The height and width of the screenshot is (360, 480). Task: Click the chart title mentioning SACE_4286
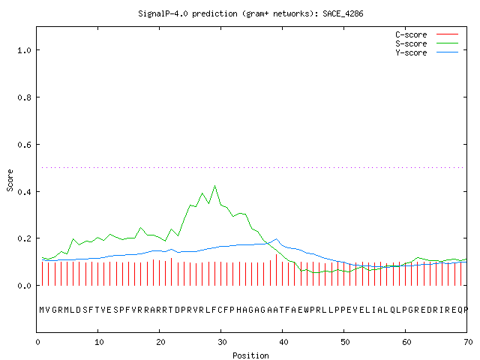(x=250, y=13)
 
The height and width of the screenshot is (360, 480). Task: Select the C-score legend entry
(x=427, y=34)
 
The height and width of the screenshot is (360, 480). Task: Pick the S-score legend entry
(x=427, y=43)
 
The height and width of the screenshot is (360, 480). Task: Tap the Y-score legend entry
(x=427, y=52)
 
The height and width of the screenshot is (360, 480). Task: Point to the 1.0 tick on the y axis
(x=24, y=50)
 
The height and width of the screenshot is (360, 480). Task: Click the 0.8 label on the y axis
(x=24, y=97)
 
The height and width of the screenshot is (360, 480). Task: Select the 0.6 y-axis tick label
(x=24, y=145)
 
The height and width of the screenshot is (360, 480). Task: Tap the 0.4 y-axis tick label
(x=24, y=192)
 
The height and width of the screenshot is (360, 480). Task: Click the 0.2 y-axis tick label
(x=24, y=238)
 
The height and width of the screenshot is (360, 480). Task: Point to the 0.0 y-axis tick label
(x=24, y=286)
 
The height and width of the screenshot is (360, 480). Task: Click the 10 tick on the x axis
(x=99, y=342)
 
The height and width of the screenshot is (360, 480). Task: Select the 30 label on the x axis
(x=222, y=342)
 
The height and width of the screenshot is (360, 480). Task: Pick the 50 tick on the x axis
(x=345, y=342)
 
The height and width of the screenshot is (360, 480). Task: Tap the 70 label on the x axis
(x=468, y=342)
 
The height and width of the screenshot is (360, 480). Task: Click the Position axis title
(x=250, y=355)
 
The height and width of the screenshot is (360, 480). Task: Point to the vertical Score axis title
(x=10, y=180)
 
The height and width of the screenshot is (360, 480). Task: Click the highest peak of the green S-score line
(x=215, y=185)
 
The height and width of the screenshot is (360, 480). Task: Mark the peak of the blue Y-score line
(x=276, y=238)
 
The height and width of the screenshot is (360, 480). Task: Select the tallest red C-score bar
(x=277, y=270)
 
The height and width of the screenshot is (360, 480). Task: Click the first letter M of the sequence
(x=42, y=310)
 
